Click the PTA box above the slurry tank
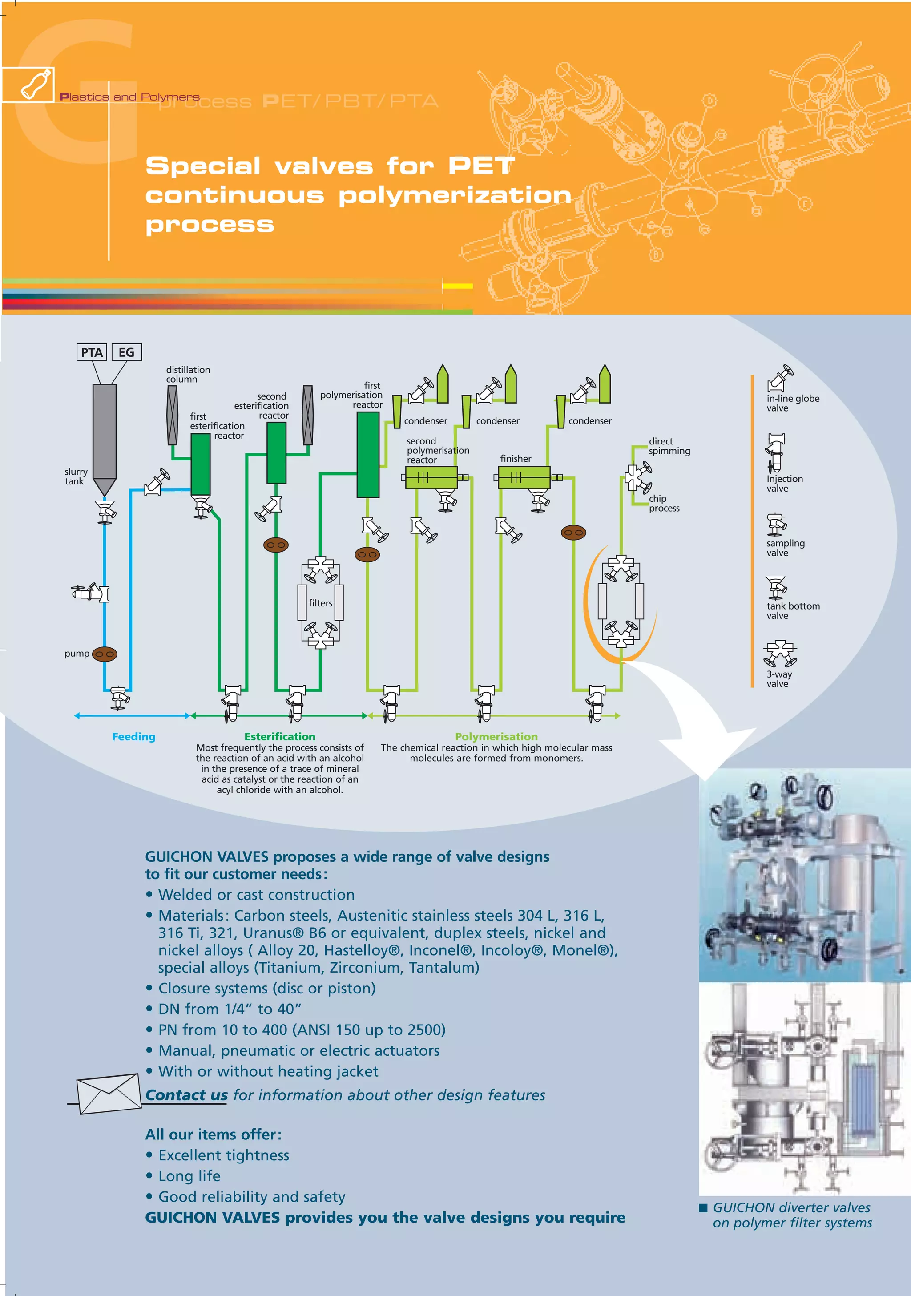coord(92,352)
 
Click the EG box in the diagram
coord(126,352)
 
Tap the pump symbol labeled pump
coord(105,654)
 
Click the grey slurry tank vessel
coord(105,432)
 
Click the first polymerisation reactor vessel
coord(367,454)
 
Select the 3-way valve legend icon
coord(779,654)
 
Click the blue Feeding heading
coord(134,737)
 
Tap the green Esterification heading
coord(279,737)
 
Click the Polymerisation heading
coord(496,737)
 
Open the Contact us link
coord(186,1095)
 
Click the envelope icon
coord(109,1094)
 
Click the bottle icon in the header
coord(36,85)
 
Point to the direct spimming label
coord(669,446)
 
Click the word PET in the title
coord(481,166)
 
